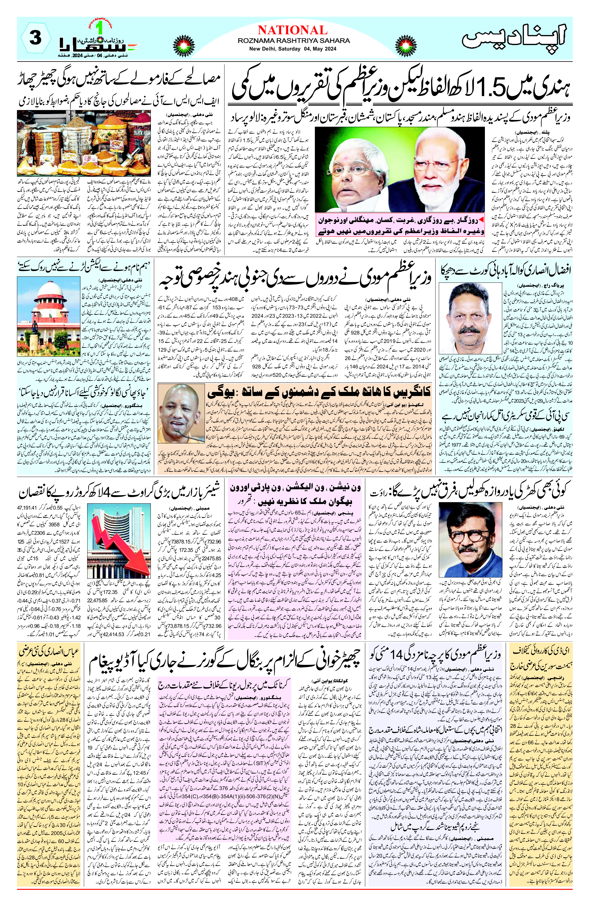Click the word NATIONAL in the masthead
tap(292, 30)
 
